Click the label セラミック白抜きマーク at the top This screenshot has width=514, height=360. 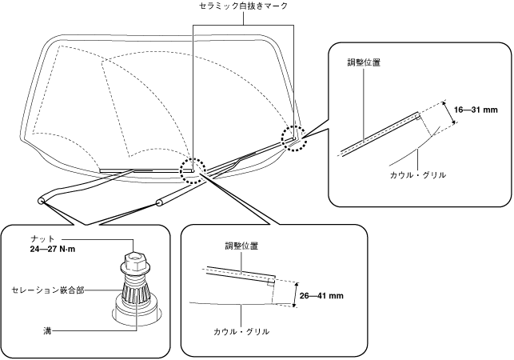click(x=243, y=6)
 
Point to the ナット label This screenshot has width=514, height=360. click(x=42, y=238)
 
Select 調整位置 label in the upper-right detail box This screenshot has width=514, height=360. click(x=365, y=63)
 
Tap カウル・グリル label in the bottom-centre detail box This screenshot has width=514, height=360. click(x=241, y=331)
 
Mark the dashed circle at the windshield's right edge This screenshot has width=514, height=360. click(x=293, y=137)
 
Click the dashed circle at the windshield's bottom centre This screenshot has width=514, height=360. click(x=193, y=170)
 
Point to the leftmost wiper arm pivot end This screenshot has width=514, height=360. click(x=40, y=200)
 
